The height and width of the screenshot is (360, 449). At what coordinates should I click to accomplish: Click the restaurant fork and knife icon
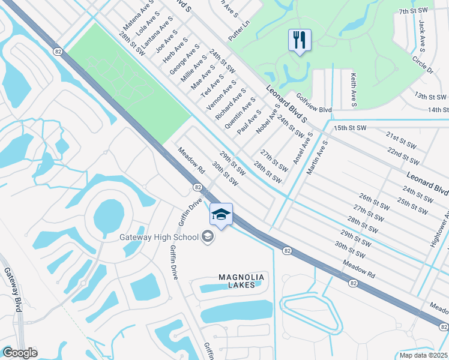tap(299, 40)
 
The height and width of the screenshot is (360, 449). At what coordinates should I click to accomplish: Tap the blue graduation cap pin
tap(221, 215)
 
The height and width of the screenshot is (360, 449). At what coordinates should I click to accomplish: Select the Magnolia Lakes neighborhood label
tap(240, 281)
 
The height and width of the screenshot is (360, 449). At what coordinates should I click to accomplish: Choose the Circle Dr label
tap(422, 65)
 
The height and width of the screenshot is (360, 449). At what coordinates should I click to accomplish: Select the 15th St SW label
tap(350, 128)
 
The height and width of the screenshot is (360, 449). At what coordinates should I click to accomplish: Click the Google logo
tap(20, 353)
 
